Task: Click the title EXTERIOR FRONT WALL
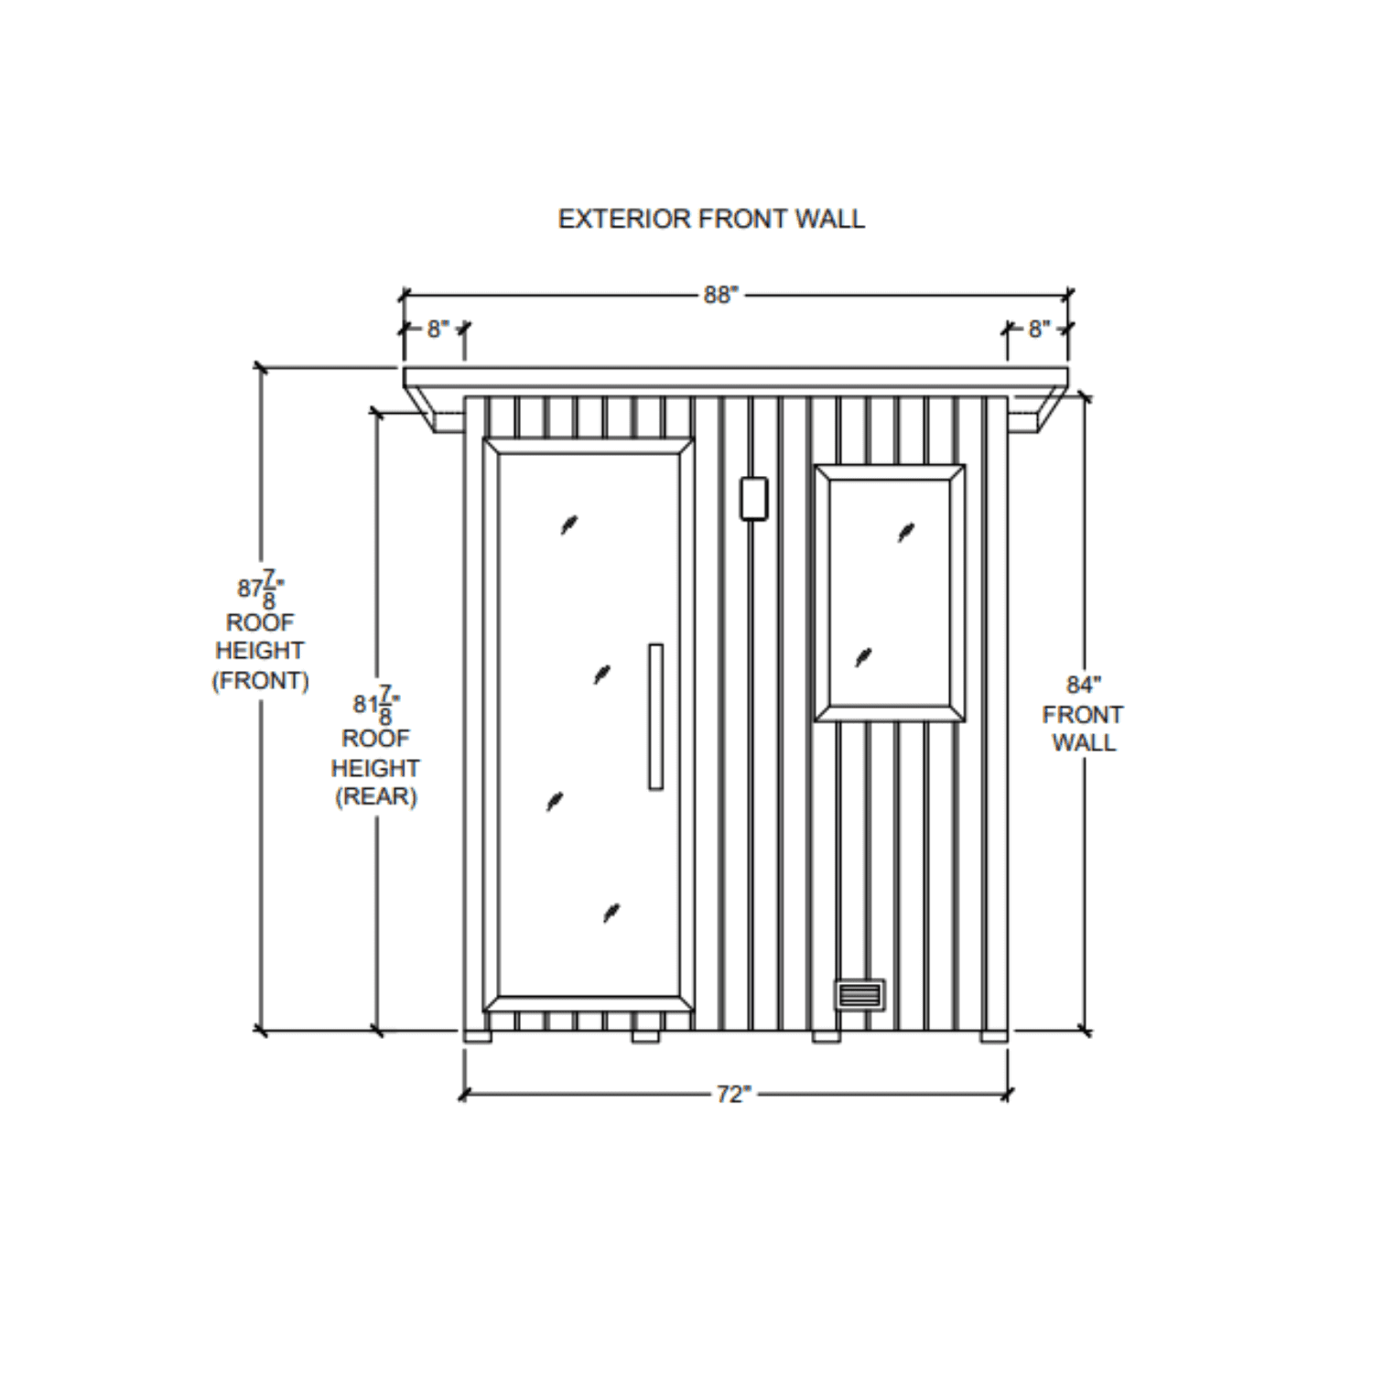[711, 219]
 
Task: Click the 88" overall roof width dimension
[720, 295]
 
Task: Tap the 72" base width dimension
[733, 1095]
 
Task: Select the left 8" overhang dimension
[438, 329]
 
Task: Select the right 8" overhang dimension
[1039, 329]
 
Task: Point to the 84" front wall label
[1083, 685]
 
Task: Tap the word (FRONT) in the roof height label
[261, 681]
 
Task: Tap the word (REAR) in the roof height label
[376, 796]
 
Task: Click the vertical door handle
[655, 716]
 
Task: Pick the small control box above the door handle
[753, 498]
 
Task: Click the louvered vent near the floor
[859, 995]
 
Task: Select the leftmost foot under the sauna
[477, 1037]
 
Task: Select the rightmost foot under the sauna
[993, 1037]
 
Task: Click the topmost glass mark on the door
[569, 524]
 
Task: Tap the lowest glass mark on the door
[611, 913]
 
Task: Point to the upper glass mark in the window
[905, 532]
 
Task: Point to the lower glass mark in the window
[863, 657]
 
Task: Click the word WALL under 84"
[1084, 742]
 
